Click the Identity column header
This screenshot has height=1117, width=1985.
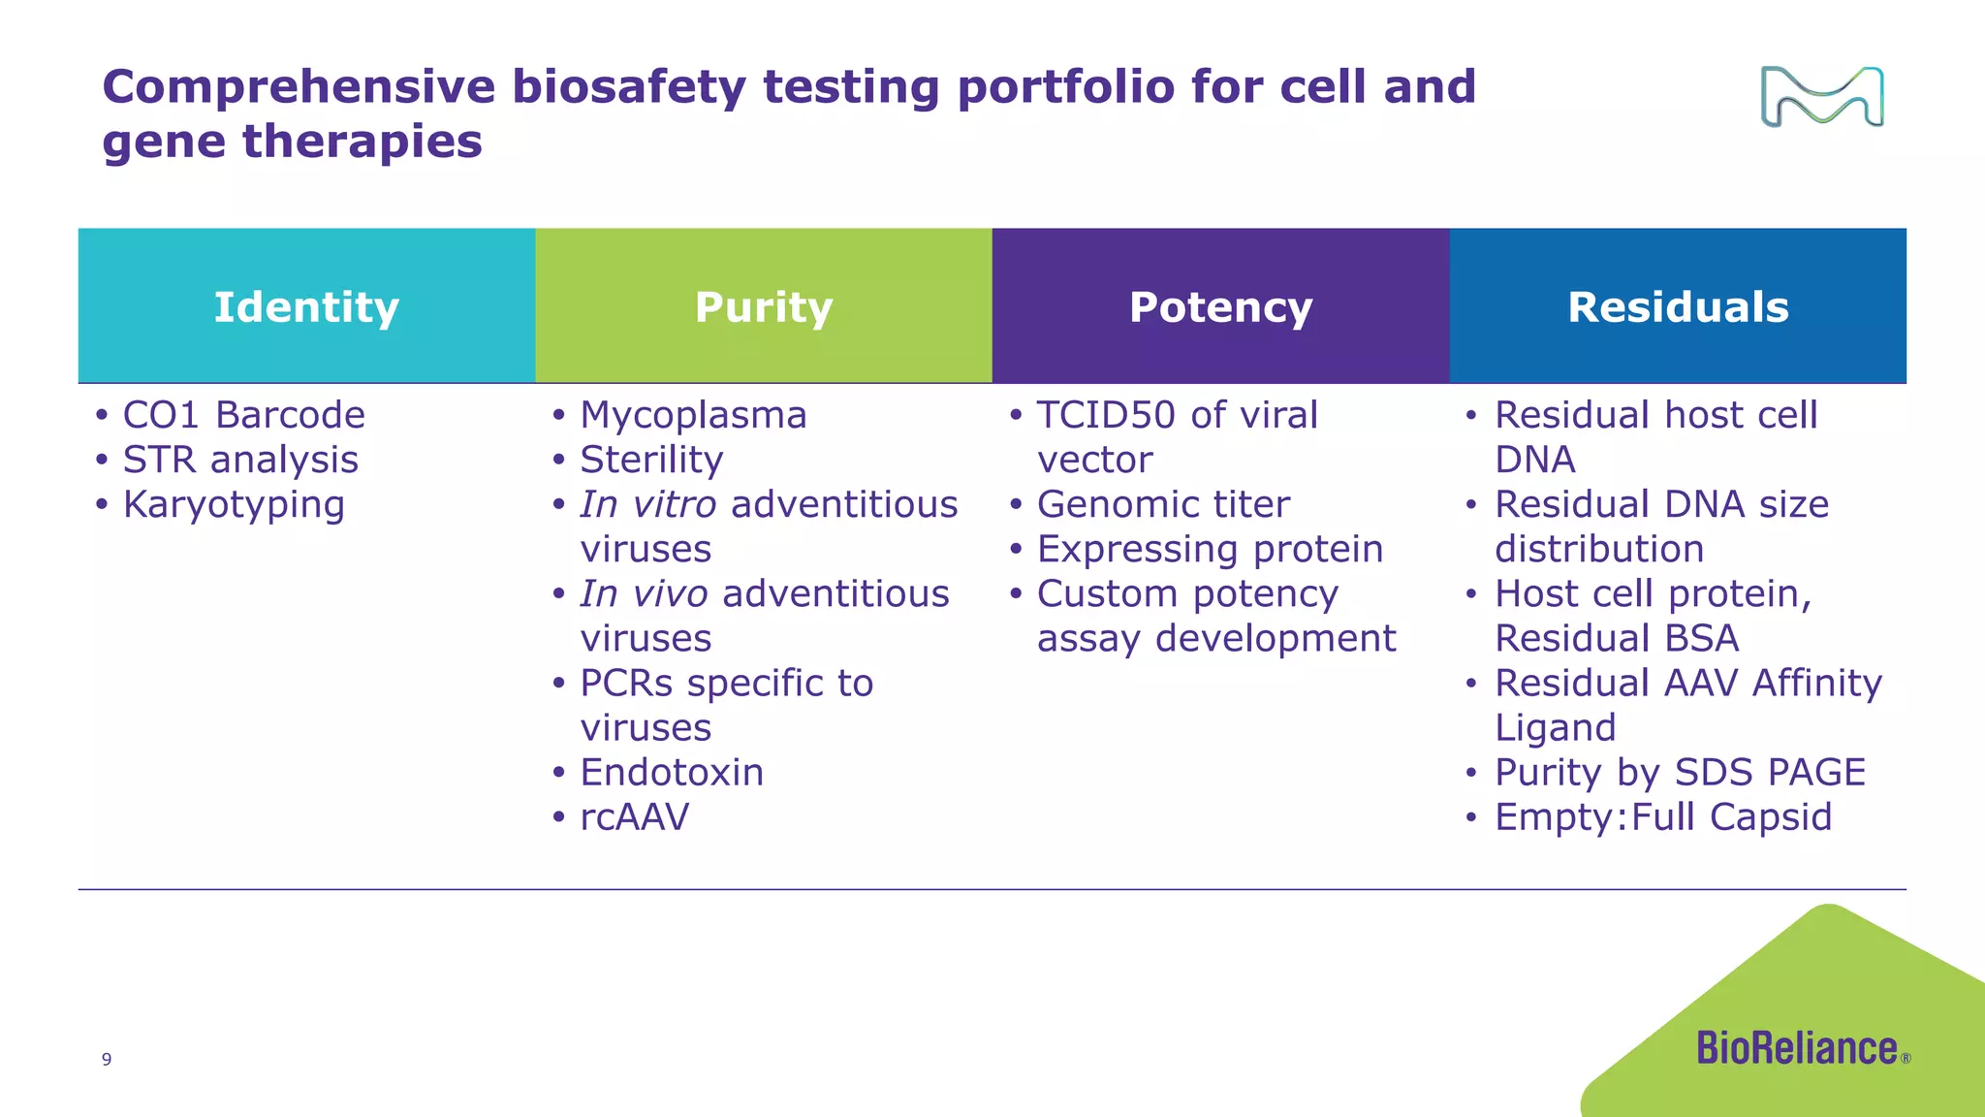(x=306, y=306)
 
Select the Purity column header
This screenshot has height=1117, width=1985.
(x=764, y=306)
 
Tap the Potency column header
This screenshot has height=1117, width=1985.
(x=1221, y=306)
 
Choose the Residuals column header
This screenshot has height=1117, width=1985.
(x=1678, y=306)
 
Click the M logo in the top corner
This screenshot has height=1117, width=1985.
(x=1822, y=97)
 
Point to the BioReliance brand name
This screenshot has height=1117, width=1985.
(x=1797, y=1048)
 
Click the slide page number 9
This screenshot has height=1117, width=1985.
(x=107, y=1059)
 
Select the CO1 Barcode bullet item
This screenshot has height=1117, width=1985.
(x=243, y=415)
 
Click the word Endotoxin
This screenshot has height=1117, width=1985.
(x=672, y=773)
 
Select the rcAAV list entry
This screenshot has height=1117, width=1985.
(x=635, y=817)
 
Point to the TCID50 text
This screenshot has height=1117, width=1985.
(x=1106, y=415)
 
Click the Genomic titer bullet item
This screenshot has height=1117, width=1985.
(x=1163, y=504)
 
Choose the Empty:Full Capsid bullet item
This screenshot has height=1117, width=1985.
(x=1663, y=817)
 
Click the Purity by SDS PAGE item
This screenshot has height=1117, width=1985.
(x=1680, y=773)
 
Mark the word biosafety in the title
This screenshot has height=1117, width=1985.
(x=629, y=87)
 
